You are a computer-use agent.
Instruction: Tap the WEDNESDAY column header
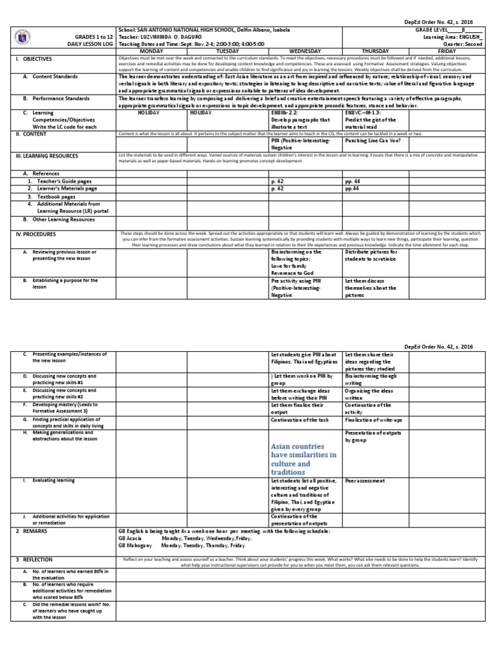tap(306, 49)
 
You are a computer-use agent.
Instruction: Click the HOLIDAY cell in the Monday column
tap(149, 112)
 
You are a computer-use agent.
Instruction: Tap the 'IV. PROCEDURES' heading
tap(36, 234)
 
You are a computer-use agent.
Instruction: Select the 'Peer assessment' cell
tap(365, 481)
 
